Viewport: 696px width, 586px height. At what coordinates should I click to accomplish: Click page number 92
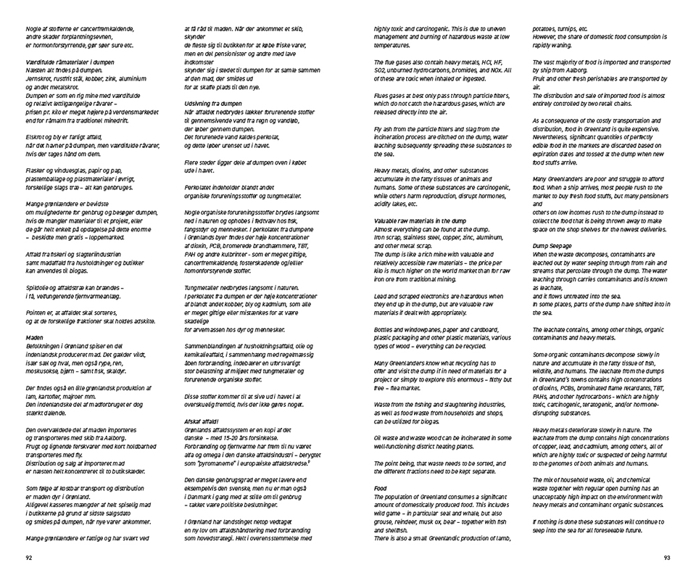(x=28, y=558)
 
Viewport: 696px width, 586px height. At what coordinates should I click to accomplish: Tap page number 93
(x=666, y=558)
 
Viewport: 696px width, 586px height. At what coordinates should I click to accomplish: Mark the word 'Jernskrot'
(x=41, y=78)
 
